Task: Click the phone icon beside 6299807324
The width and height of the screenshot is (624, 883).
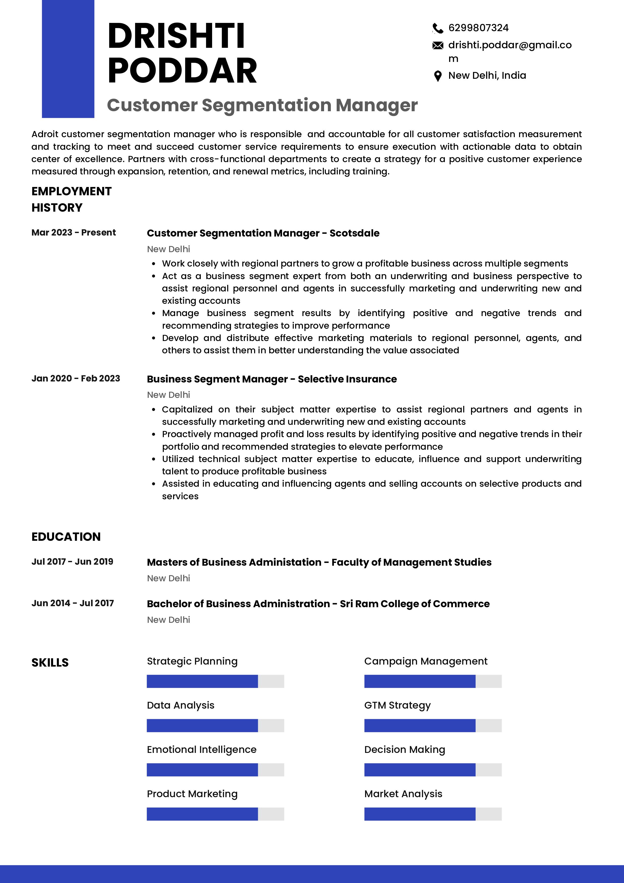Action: coord(438,28)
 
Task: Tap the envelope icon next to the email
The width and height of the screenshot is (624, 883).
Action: coord(438,46)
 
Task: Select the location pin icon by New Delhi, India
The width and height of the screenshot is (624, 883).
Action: coord(438,76)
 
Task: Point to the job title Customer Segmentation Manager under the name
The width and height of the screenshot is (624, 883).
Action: coord(262,105)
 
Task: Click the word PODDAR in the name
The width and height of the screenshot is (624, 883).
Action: coord(182,71)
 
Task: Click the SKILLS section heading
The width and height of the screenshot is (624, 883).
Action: coord(50,662)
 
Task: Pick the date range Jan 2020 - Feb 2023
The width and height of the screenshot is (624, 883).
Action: coord(76,378)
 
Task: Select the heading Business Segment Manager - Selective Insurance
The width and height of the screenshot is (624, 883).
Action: coord(271,379)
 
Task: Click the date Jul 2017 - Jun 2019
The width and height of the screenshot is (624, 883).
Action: coord(72,561)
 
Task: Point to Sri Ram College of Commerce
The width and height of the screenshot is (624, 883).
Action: coord(414,604)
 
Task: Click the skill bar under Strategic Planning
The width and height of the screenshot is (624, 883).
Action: coord(215,681)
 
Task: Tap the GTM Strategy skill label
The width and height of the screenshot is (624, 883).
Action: coord(397,705)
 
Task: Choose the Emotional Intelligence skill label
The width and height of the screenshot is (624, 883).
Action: coord(202,750)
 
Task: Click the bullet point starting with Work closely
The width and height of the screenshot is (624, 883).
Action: coord(365,263)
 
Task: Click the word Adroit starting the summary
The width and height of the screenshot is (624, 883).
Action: coord(45,134)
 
